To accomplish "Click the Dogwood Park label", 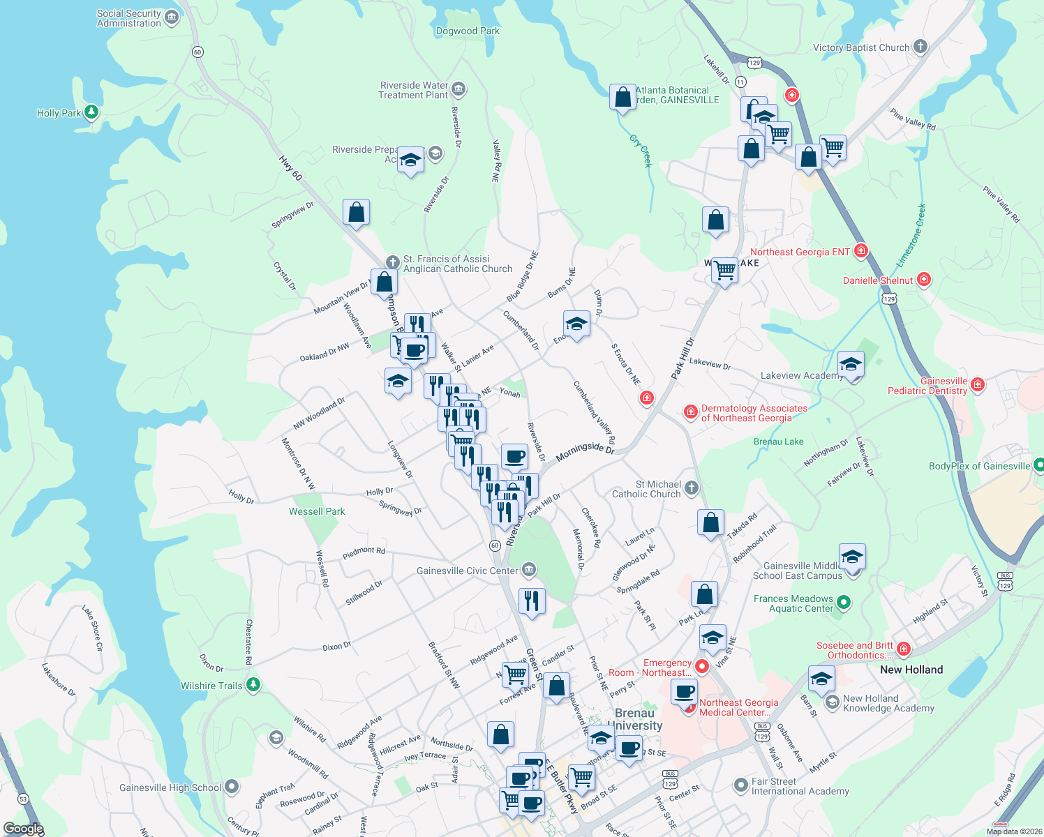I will pos(468,31).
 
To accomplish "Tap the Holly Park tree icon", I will pos(91,112).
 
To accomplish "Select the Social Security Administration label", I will pos(129,18).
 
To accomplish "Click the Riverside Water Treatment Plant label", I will pos(413,90).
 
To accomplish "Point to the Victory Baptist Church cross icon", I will pos(920,47).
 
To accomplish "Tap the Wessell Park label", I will pos(317,511).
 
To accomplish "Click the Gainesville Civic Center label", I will pos(467,571).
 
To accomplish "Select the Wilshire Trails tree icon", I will pos(253,685).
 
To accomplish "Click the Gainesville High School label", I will pos(170,787).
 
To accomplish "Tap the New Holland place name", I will pos(911,670).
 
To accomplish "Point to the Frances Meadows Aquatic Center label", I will pos(793,603).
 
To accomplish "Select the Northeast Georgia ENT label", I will pos(800,252).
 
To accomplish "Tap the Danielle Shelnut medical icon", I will pos(924,280).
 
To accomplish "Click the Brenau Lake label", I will pos(778,442).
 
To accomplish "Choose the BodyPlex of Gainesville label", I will pos(979,466).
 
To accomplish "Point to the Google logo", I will pos(23,829).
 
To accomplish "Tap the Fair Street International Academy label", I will pos(800,786).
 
